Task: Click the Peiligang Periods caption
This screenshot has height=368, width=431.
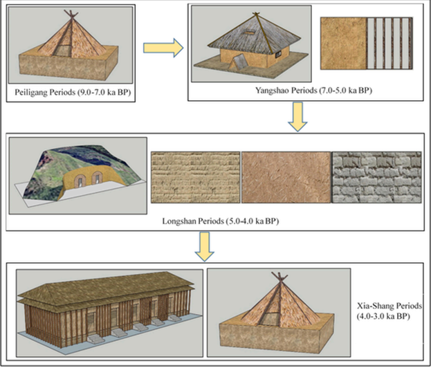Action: pos(73,92)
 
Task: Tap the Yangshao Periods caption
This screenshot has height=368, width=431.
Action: pos(313,91)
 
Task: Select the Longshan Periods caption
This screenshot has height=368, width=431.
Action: pos(221,221)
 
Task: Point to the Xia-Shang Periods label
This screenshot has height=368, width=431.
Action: pos(389,311)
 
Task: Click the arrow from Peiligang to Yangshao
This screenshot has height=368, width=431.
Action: pos(163,48)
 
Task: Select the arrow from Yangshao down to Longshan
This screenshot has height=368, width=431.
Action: pos(297,117)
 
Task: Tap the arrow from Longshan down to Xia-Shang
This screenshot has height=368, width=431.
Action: pos(205,246)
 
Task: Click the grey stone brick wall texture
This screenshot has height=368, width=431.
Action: pos(376,177)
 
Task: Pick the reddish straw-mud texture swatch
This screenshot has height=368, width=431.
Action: pos(286,177)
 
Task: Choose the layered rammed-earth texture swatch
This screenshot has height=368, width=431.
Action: pos(195,177)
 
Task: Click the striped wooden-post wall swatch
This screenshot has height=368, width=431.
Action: pos(389,44)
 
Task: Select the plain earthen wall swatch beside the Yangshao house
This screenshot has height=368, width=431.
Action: pos(344,44)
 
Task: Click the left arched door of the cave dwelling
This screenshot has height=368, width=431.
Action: pos(80,179)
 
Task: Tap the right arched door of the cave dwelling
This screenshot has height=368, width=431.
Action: pos(97,178)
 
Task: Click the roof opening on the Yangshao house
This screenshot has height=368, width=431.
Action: pos(250,33)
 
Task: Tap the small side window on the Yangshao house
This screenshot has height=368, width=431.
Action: pos(277,55)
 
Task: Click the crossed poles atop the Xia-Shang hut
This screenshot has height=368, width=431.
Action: pos(279,277)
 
